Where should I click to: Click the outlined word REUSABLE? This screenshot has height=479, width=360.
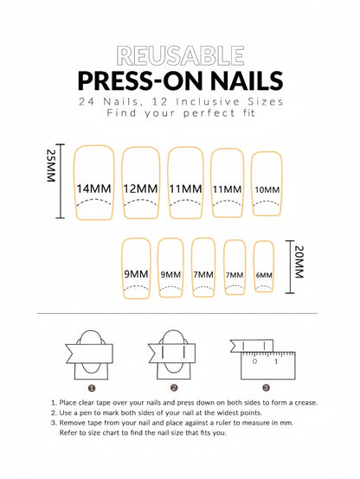pos(180,55)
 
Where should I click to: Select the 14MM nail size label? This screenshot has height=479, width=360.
pos(93,188)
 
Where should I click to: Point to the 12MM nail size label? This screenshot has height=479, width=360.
pos(140,188)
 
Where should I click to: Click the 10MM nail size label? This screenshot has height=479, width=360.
pos(267,190)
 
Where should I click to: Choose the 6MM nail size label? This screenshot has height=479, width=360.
pos(264,275)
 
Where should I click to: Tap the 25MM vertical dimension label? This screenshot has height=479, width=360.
pos(51,165)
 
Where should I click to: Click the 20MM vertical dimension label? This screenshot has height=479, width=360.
pos(299,262)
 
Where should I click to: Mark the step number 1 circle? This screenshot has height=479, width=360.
pos(92,388)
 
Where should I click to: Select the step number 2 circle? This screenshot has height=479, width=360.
pos(174,388)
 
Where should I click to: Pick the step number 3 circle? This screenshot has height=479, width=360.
pos(266,387)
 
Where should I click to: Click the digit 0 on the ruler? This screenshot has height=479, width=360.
pos(254,361)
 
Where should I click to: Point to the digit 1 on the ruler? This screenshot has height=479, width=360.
pos(276,361)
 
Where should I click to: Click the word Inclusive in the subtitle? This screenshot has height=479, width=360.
pos(208,101)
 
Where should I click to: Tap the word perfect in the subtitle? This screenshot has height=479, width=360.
pos(209,113)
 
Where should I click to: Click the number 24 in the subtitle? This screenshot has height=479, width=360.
pos(86,101)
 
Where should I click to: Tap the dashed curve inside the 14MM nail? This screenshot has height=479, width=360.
pos(94,200)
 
